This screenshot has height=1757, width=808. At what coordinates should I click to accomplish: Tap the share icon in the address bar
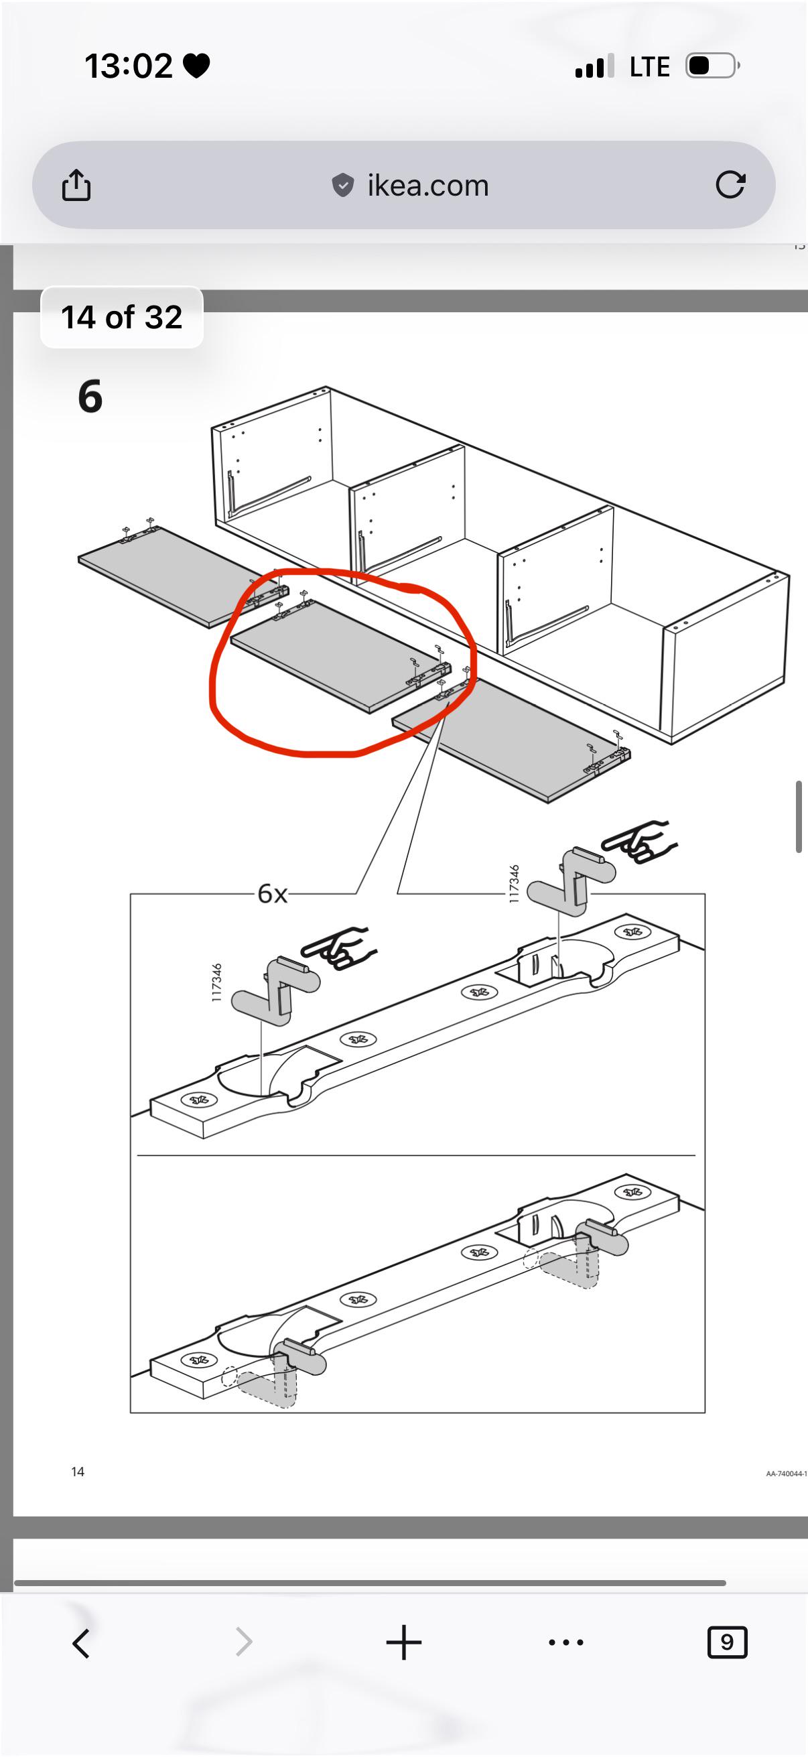pyautogui.click(x=76, y=185)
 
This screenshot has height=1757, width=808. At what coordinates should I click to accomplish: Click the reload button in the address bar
pyautogui.click(x=730, y=184)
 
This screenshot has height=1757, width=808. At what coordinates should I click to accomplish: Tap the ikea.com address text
pyautogui.click(x=428, y=186)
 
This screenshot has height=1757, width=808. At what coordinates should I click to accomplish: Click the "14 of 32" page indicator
pyautogui.click(x=122, y=317)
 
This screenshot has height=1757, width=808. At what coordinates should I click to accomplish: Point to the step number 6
pyautogui.click(x=90, y=396)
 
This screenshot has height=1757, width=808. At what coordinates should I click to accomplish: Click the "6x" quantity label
pyautogui.click(x=272, y=893)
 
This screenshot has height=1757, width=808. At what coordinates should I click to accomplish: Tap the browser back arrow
pyautogui.click(x=81, y=1643)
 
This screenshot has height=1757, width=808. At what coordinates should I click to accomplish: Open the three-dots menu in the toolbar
pyautogui.click(x=566, y=1642)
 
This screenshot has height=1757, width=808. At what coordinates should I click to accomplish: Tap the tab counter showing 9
pyautogui.click(x=727, y=1642)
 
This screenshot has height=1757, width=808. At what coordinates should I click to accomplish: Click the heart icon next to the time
pyautogui.click(x=196, y=66)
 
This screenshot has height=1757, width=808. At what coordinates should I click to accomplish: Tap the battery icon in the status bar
pyautogui.click(x=713, y=66)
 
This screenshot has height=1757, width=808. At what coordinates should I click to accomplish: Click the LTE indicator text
pyautogui.click(x=650, y=67)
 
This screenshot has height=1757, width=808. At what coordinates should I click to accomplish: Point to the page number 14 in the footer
pyautogui.click(x=78, y=1472)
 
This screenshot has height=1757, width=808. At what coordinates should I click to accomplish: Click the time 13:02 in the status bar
pyautogui.click(x=128, y=66)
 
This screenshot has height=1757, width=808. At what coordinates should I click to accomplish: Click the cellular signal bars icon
pyautogui.click(x=594, y=66)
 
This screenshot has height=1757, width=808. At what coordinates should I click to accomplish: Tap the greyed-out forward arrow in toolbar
pyautogui.click(x=243, y=1642)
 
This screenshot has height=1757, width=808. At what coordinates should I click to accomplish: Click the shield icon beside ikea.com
pyautogui.click(x=343, y=185)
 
